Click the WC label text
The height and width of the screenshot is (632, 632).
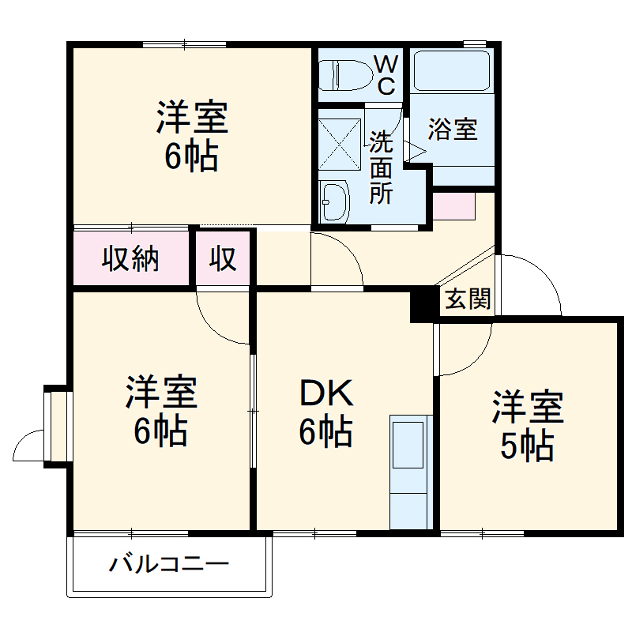385,75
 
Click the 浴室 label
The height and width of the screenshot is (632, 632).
453,130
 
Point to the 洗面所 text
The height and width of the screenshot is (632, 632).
381,168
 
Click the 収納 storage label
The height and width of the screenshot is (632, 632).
130,258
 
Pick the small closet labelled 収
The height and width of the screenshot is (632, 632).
224,258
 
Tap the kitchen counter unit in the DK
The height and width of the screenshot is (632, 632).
411,471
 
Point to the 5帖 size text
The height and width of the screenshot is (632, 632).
527,448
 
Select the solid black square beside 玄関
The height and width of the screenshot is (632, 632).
423,303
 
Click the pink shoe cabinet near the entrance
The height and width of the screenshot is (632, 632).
453,205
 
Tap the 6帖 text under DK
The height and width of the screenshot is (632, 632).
325,431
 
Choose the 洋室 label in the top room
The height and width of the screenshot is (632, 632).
191,118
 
